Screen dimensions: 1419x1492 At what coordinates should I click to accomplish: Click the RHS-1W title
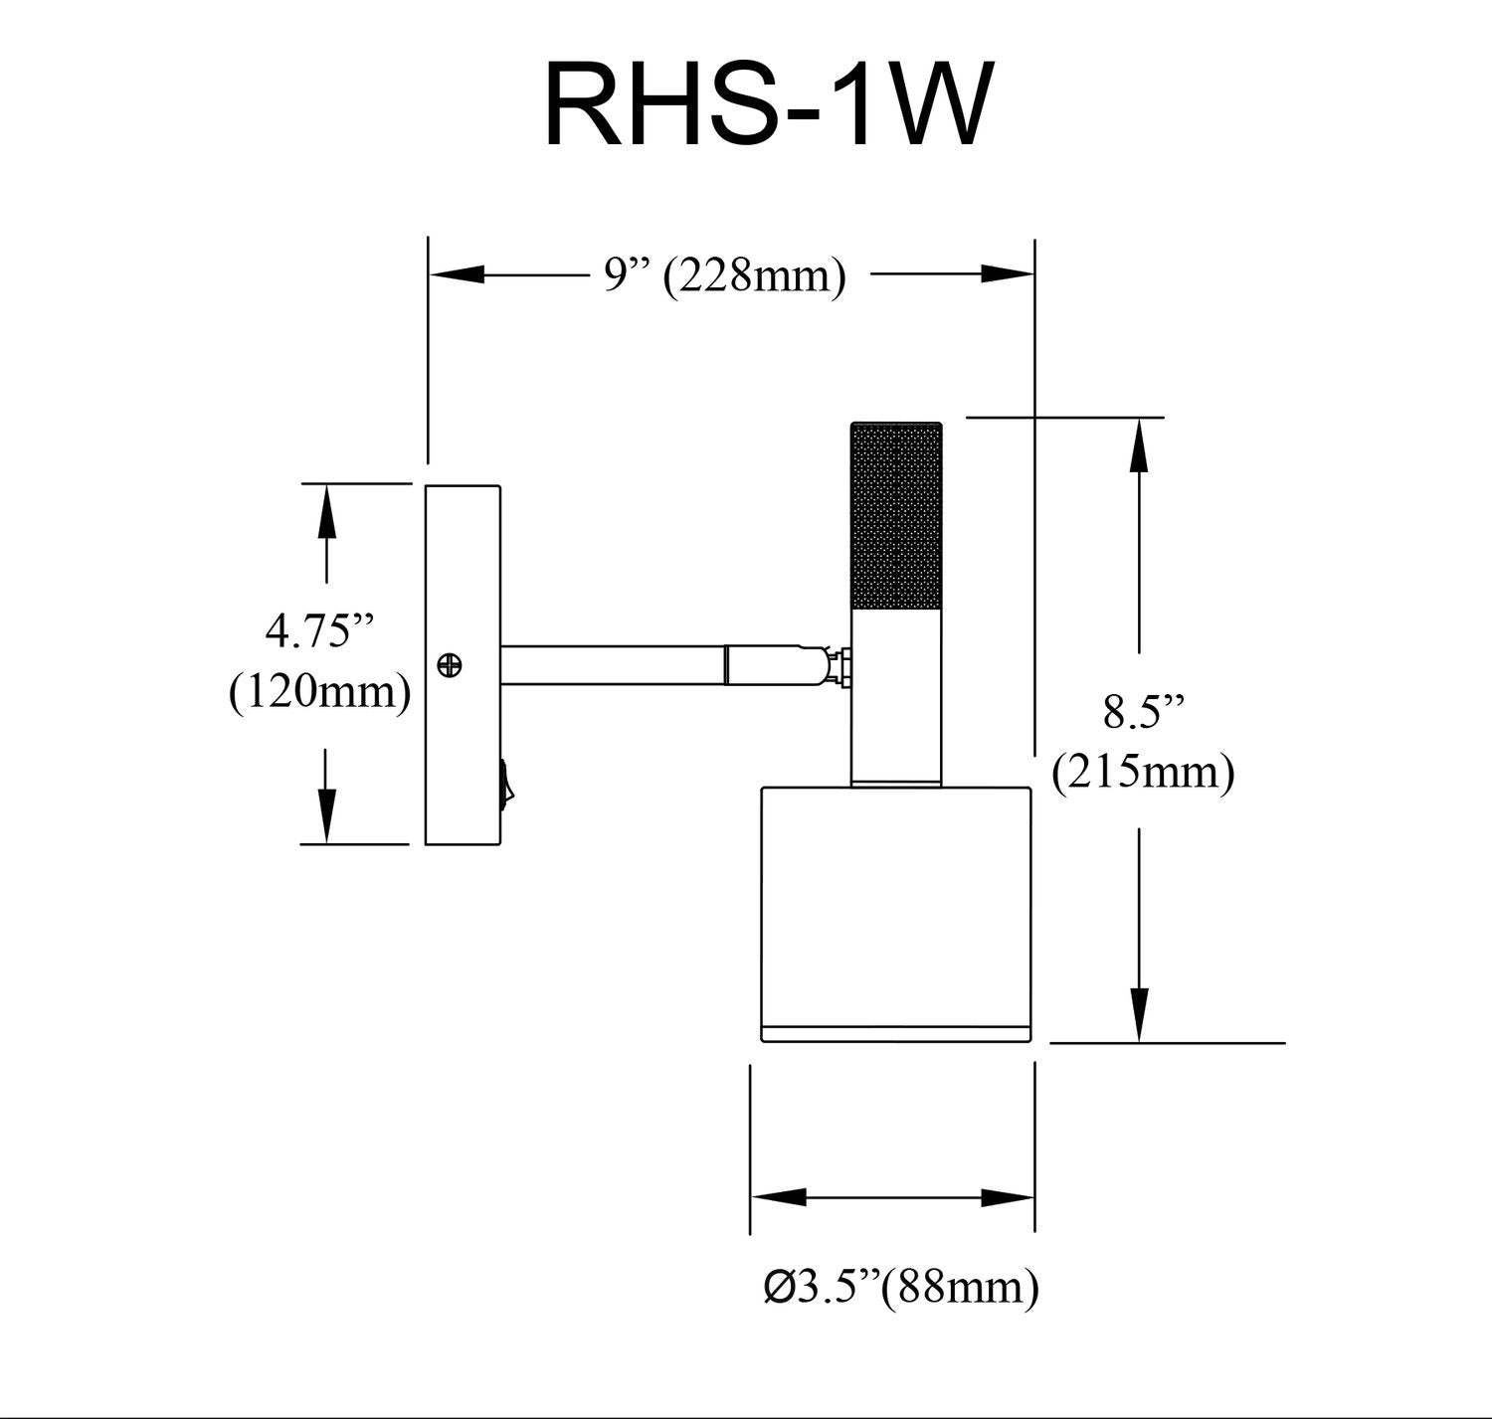[x=767, y=104]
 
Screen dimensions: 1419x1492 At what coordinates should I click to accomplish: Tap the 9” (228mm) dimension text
[x=725, y=275]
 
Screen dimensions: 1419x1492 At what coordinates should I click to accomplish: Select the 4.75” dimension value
[x=319, y=630]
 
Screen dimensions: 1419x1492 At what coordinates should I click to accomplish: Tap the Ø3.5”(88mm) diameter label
[x=901, y=1287]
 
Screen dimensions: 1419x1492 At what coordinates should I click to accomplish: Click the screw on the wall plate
[x=451, y=664]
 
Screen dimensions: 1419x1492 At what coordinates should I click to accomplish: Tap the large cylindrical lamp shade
[x=895, y=900]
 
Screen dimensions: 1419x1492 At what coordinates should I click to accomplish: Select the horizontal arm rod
[x=612, y=664]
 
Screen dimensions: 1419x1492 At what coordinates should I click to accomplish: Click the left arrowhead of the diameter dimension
[x=778, y=1198]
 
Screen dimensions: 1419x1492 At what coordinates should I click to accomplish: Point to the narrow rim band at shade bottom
[x=895, y=1032]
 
